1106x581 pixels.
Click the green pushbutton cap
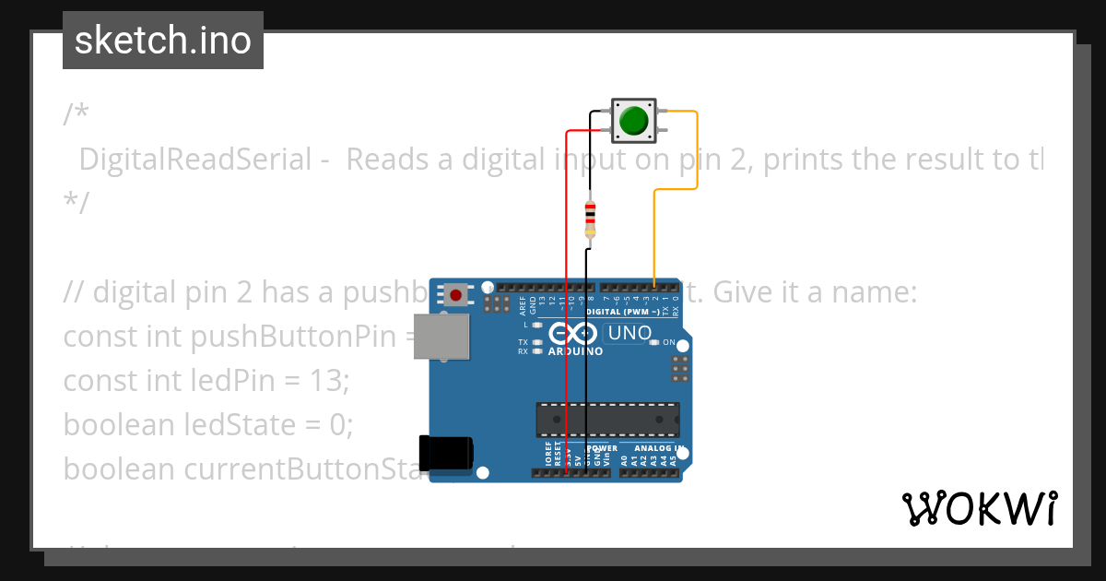pos(633,121)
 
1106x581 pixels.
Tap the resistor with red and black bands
pos(590,219)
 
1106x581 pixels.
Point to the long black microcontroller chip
pos(608,420)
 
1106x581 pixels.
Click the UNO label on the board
pos(630,333)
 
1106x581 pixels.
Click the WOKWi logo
pos(979,508)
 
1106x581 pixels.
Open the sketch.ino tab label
pos(163,41)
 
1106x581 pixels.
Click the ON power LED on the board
pos(655,342)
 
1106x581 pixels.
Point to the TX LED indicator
pos(536,342)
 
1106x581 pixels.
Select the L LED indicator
pos(536,325)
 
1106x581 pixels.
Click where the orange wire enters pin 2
pos(654,287)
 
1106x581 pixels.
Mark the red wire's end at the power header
pos(567,472)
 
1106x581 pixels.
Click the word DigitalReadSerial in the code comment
pos(195,160)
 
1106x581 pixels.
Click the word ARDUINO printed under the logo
pos(575,351)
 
